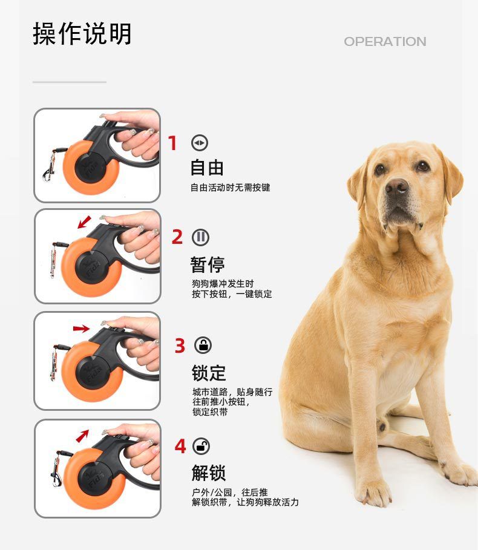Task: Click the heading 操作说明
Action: (82, 34)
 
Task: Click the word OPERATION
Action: (385, 41)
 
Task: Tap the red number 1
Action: (172, 143)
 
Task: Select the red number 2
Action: (177, 237)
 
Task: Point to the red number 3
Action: (180, 345)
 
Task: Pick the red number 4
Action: (180, 446)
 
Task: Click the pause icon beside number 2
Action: (201, 237)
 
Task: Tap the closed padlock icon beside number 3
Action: (203, 345)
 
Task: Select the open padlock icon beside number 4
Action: (201, 446)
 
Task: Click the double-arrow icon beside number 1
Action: (200, 143)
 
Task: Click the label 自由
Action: (207, 168)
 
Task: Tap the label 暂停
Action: (208, 264)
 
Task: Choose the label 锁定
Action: (209, 373)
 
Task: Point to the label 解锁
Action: (209, 473)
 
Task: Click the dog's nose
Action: (397, 186)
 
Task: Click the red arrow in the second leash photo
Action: (84, 222)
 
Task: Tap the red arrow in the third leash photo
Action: (81, 329)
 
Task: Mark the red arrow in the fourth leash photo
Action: (82, 436)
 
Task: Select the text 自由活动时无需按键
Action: (230, 188)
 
